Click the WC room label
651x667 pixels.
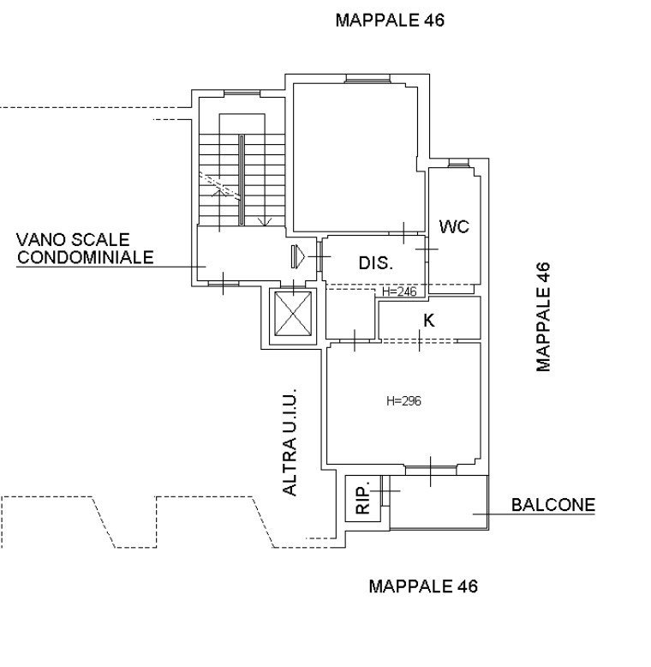coord(454,226)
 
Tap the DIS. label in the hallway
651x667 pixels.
coord(376,263)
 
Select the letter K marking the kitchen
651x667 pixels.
coord(429,321)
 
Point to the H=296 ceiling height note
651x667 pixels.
coord(403,400)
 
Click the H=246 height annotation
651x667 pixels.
coord(399,291)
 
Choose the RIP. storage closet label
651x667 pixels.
coord(363,497)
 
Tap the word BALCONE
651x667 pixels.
coord(553,505)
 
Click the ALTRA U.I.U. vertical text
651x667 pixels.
coord(290,442)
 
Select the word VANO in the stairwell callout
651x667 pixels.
coord(41,239)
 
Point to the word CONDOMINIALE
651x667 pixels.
coord(85,257)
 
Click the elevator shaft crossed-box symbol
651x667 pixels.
coord(293,314)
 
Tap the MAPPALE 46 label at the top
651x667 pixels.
coord(390,20)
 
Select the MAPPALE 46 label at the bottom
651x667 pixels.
coord(423,586)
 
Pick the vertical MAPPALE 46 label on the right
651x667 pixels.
coord(543,317)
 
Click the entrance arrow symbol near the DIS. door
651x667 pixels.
coord(298,256)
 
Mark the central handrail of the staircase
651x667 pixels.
coord(242,180)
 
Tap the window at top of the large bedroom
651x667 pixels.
coord(367,79)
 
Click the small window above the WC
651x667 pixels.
coord(459,163)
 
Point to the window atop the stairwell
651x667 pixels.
coord(242,93)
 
